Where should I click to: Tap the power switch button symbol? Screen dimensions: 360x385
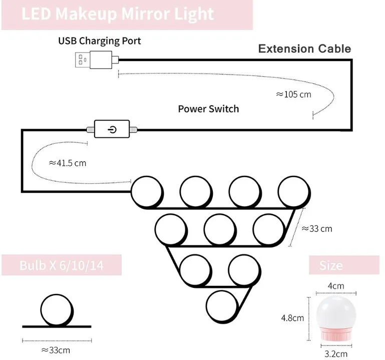tap(112, 129)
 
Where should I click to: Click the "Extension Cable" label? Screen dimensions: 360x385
tap(304, 49)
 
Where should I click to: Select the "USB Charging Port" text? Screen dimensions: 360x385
tap(100, 41)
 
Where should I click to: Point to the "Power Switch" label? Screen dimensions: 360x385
tap(208, 109)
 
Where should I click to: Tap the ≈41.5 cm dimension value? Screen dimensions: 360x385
tap(68, 163)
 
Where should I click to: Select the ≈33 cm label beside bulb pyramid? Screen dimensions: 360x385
tap(316, 229)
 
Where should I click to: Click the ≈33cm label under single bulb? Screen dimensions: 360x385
tap(56, 349)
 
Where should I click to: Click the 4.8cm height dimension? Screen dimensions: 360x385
tap(292, 317)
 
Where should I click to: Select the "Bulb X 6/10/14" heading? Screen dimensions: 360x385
tap(61, 265)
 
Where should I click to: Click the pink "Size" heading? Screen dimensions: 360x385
tap(331, 265)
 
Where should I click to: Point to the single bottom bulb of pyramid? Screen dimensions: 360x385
tap(221, 305)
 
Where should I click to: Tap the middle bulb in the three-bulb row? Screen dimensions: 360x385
tap(220, 229)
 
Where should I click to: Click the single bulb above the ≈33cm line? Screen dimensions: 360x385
tap(56, 309)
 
